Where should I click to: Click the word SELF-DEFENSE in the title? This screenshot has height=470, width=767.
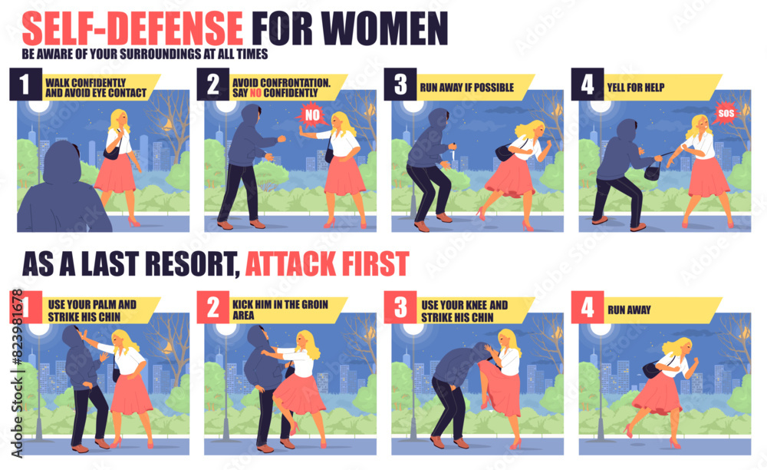point(133,28)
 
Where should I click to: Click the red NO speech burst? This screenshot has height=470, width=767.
point(311,115)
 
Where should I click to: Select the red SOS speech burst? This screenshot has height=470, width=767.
point(726,113)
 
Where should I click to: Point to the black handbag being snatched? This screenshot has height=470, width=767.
point(653,171)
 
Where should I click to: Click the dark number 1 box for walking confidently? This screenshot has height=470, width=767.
point(25,84)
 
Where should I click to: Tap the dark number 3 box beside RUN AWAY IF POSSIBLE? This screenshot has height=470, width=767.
point(400,84)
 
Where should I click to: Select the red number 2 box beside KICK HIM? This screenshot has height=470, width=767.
point(212,307)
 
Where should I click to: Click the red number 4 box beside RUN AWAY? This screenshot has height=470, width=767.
point(588,307)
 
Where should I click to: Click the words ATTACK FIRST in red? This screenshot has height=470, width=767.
point(327,264)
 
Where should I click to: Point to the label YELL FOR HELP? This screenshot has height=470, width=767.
point(635,88)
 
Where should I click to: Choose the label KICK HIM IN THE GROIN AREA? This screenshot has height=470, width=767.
point(280,310)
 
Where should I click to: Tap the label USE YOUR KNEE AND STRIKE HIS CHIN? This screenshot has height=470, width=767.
point(464,311)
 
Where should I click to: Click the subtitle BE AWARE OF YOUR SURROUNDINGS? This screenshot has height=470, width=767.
point(145,54)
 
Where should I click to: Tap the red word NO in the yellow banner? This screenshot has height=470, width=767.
point(255,93)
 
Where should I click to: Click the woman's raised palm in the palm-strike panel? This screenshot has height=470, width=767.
point(84,336)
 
